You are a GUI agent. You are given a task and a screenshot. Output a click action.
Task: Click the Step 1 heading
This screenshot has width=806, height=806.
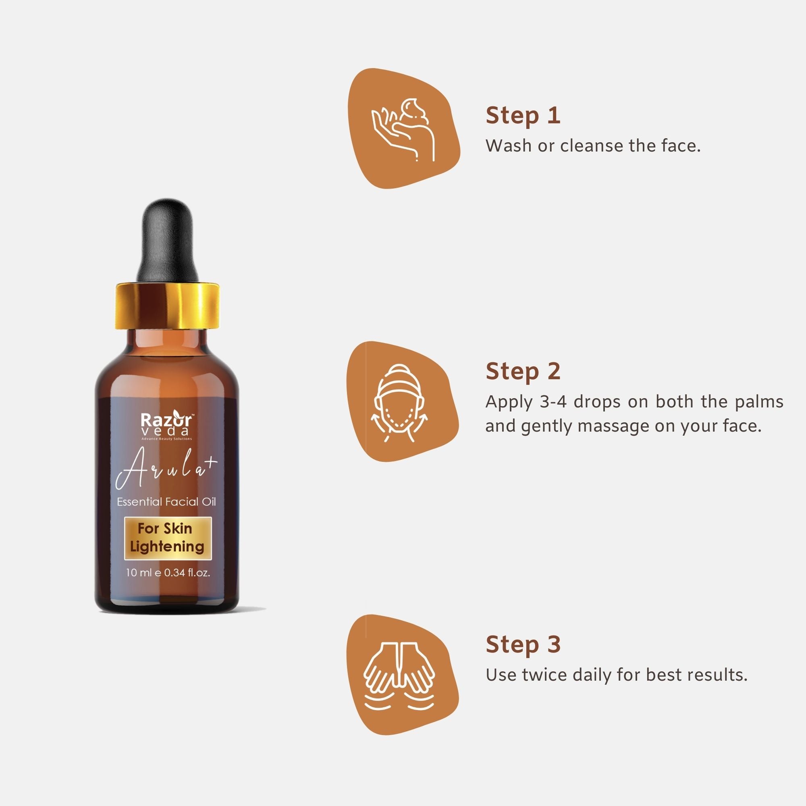[x=523, y=116]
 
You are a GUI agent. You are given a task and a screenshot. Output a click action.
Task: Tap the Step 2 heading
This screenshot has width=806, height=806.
[x=523, y=371]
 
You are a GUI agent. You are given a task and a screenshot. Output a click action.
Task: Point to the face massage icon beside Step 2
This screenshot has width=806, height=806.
[x=400, y=402]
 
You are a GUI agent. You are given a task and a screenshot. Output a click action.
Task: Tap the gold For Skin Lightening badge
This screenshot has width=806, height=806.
[x=168, y=538]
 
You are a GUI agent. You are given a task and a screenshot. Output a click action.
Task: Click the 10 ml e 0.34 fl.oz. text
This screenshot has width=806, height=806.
[x=168, y=573]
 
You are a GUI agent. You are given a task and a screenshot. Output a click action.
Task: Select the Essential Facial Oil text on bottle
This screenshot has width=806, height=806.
[x=166, y=501]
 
